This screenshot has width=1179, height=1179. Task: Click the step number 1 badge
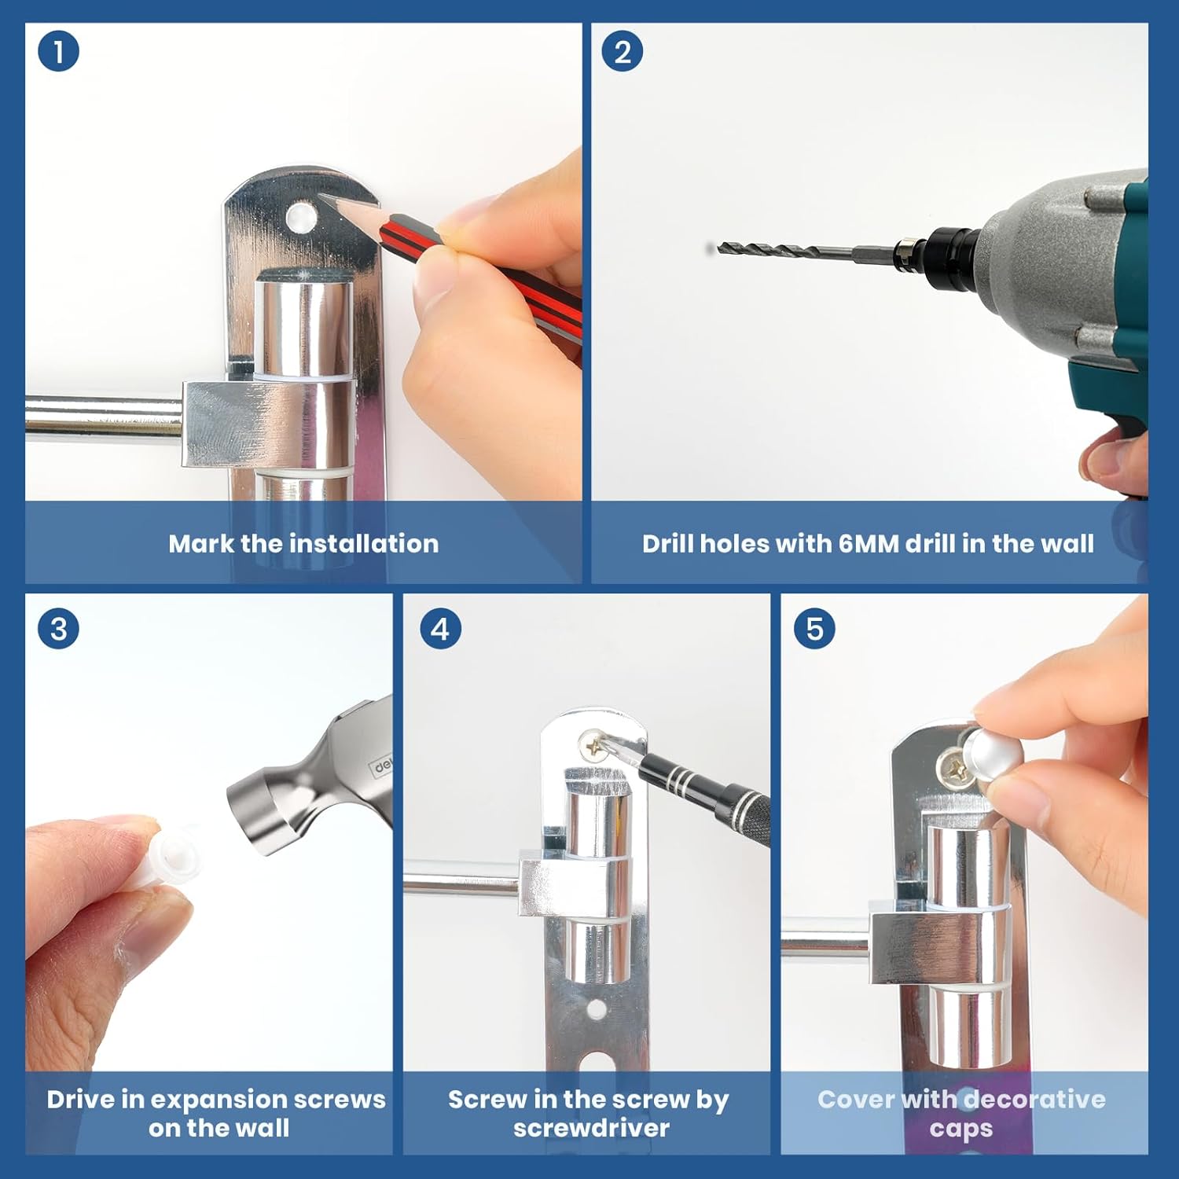58,51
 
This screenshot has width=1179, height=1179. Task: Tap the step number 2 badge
623,51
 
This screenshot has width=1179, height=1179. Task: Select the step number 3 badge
58,629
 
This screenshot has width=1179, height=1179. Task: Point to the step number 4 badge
440,629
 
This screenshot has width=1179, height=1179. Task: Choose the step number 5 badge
814,629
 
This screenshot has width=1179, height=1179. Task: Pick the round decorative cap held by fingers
994,751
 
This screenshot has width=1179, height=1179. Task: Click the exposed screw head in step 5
954,766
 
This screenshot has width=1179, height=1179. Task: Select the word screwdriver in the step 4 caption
591,1128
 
